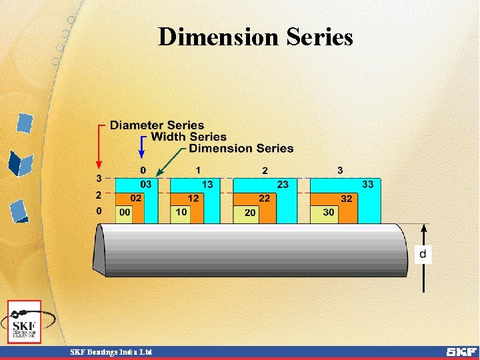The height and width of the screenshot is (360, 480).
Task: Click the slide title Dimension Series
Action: pyautogui.click(x=255, y=37)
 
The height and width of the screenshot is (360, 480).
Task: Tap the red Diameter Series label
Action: pyautogui.click(x=157, y=125)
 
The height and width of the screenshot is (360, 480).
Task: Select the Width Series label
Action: pyautogui.click(x=189, y=137)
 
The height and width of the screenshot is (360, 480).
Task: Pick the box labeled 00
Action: pyautogui.click(x=124, y=212)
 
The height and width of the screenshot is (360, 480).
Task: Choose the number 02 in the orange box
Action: pyautogui.click(x=135, y=198)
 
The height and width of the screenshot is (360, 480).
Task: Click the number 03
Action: pyautogui.click(x=145, y=184)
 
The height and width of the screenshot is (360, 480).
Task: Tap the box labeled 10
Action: pyautogui.click(x=181, y=212)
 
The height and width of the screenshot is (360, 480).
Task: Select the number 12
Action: pyautogui.click(x=193, y=198)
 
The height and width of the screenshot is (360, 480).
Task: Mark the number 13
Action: pyautogui.click(x=207, y=184)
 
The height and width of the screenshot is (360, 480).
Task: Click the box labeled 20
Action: pyautogui.click(x=250, y=213)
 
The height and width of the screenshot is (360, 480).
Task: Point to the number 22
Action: pyautogui.click(x=265, y=198)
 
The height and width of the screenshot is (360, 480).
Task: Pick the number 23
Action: pyautogui.click(x=283, y=184)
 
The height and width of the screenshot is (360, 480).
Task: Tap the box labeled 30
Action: pyautogui.click(x=329, y=212)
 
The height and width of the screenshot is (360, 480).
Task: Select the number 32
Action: pyautogui.click(x=347, y=198)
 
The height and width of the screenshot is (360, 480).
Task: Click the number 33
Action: pyautogui.click(x=367, y=184)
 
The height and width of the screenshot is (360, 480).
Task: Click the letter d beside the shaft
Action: pyautogui.click(x=423, y=253)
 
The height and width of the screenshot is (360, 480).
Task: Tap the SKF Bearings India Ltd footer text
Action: pyautogui.click(x=111, y=351)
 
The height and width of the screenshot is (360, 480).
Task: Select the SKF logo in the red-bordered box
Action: pyautogui.click(x=24, y=322)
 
